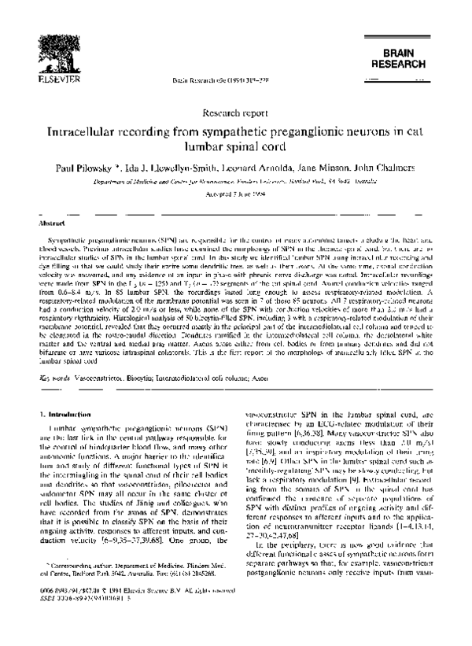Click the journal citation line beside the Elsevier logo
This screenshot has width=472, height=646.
(x=235, y=81)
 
